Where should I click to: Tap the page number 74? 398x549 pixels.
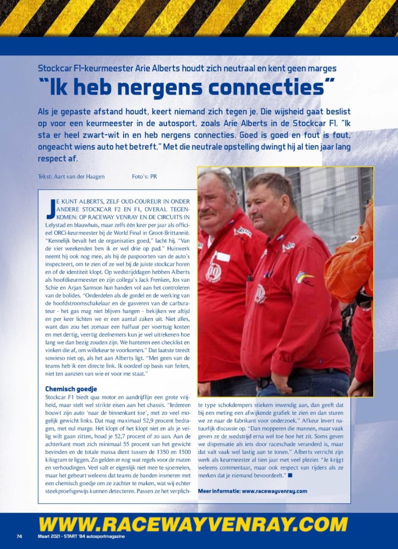[x=19, y=536]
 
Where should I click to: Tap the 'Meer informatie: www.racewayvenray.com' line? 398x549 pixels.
[x=252, y=491]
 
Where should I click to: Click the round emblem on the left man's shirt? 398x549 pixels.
[x=213, y=272]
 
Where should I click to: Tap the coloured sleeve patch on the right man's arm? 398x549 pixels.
[x=304, y=279]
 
